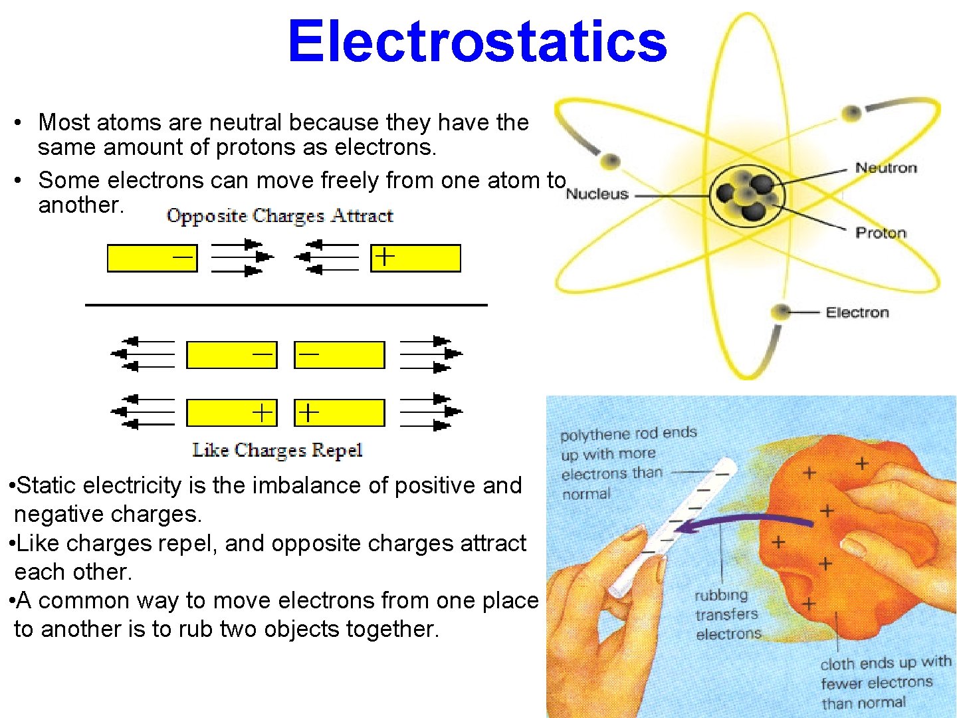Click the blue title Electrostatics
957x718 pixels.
click(477, 41)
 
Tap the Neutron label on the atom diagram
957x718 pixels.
click(886, 168)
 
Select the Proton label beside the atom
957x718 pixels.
click(881, 233)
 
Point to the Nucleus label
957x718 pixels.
click(597, 194)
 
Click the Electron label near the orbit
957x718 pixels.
click(857, 312)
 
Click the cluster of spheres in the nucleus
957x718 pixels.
click(748, 195)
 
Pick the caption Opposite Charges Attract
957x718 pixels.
click(280, 216)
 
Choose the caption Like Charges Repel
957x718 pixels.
click(277, 450)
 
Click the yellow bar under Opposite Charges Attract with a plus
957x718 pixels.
click(415, 258)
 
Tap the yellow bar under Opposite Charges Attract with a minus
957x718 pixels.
click(152, 258)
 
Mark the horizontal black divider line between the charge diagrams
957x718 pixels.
click(286, 305)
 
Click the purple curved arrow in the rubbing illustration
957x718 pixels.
click(744, 523)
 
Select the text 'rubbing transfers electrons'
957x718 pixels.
click(728, 614)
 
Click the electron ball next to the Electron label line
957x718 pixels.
click(782, 312)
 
